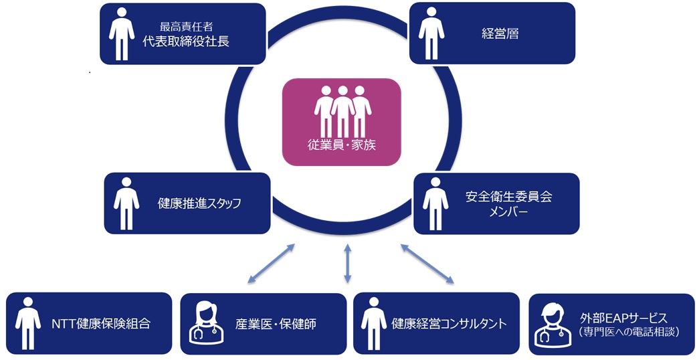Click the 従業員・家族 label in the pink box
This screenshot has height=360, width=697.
341,144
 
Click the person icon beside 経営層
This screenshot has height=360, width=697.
433,33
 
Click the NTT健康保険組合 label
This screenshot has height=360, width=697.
101,324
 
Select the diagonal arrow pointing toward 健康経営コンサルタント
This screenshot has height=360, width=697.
427,264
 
